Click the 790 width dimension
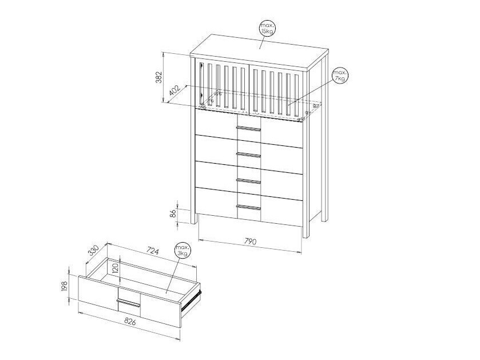click(x=250, y=241)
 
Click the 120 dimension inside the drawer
click(x=115, y=270)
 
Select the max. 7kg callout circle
click(x=340, y=75)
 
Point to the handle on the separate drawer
click(x=128, y=300)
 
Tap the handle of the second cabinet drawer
click(x=248, y=155)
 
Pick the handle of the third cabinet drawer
click(x=248, y=182)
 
